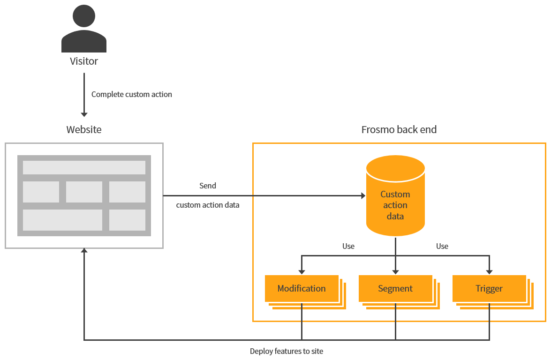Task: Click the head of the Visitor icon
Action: click(x=84, y=16)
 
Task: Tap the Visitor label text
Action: click(x=84, y=61)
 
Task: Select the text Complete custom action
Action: click(x=131, y=94)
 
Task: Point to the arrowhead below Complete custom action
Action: click(x=84, y=114)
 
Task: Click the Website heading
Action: click(x=84, y=130)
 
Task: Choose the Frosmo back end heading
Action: click(x=399, y=130)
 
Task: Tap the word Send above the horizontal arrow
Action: click(x=208, y=186)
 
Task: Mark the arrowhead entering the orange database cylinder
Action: click(x=362, y=195)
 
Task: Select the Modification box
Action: click(x=302, y=288)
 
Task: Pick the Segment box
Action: click(x=395, y=288)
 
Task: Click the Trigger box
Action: click(x=489, y=288)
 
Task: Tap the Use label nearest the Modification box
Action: click(x=348, y=246)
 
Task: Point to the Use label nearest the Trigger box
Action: click(x=442, y=246)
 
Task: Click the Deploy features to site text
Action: click(x=287, y=351)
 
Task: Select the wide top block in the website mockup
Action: click(x=84, y=167)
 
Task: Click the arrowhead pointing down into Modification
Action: click(x=302, y=271)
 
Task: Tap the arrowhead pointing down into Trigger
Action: click(x=489, y=271)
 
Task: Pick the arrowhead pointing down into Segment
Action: click(x=395, y=271)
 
